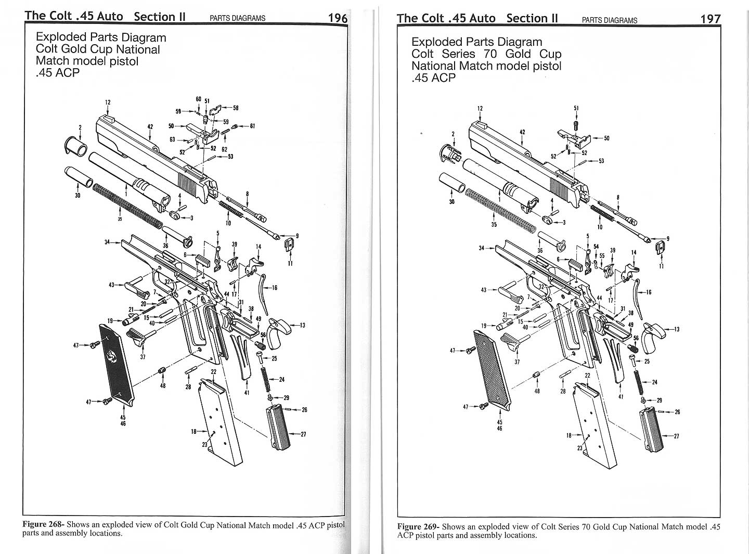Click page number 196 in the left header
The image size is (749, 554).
point(338,17)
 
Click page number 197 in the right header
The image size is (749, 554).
point(711,19)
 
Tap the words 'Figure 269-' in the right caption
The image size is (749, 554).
point(418,526)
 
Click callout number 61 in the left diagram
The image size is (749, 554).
point(252,126)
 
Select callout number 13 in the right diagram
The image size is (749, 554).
point(676,329)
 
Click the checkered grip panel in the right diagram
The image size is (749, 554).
point(491,367)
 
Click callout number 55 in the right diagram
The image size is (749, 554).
point(602,255)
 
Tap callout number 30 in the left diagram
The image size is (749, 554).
point(78,196)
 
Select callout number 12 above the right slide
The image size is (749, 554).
point(480,109)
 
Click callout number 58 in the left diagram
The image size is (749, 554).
point(235,108)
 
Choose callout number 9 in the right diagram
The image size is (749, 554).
point(668,239)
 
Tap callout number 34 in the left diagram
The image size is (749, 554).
point(107,242)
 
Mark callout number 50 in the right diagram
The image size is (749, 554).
point(606,138)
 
